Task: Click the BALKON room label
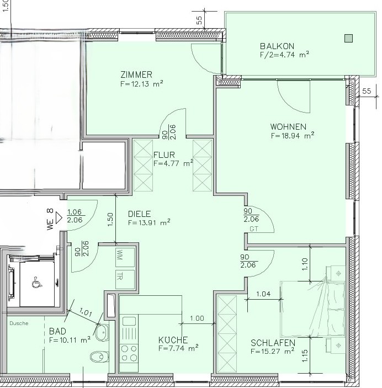277,46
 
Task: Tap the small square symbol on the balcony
348,38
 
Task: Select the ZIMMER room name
136,75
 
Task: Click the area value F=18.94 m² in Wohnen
292,135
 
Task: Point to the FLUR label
165,155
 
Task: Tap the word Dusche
18,323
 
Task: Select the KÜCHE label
173,340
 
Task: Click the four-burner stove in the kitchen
129,353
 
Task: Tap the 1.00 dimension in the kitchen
197,318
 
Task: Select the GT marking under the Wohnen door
254,228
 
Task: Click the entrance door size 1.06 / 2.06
75,215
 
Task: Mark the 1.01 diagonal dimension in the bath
86,313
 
